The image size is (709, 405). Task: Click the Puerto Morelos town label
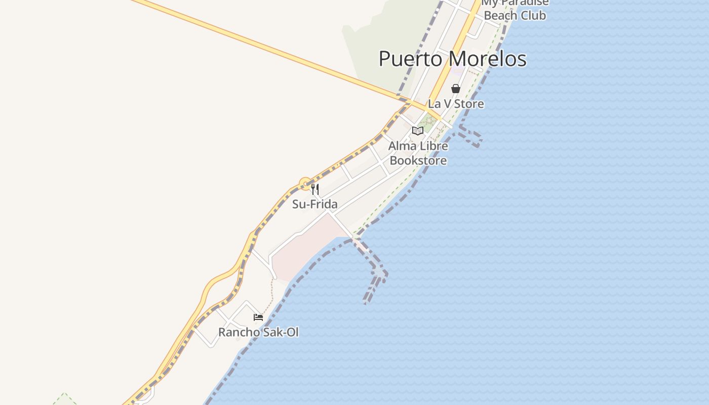[452, 59]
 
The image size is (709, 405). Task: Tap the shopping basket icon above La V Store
[456, 89]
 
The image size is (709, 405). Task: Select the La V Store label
[456, 104]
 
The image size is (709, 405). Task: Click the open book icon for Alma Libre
[417, 131]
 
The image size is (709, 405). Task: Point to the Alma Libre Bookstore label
[418, 153]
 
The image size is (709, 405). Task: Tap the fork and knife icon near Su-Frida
[315, 189]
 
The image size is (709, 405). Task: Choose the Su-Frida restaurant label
[314, 205]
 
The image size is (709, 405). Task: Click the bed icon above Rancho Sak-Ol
[258, 317]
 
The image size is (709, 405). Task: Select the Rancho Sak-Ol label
[258, 333]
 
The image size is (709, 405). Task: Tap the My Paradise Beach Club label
[515, 9]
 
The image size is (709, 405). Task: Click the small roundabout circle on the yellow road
[305, 183]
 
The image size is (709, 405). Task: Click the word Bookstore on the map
[418, 161]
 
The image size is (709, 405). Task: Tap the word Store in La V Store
[469, 104]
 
